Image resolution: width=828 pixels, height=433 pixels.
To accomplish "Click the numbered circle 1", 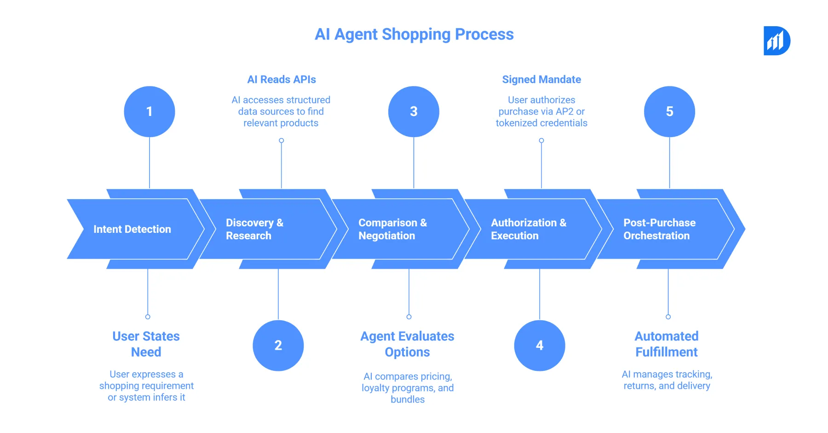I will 149,111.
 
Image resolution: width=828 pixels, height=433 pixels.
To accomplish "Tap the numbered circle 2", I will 278,346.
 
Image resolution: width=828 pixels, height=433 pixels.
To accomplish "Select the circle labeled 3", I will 414,111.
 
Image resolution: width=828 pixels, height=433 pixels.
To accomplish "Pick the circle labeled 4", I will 540,346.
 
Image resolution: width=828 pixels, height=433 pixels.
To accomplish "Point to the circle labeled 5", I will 669,111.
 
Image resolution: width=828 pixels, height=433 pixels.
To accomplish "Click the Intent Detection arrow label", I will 132,229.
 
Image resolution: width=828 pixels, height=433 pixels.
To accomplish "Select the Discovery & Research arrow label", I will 254,229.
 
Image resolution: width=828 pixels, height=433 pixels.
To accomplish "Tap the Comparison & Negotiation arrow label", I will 392,229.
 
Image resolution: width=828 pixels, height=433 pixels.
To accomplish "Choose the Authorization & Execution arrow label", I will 528,229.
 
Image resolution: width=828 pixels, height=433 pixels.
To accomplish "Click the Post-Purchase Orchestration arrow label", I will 659,229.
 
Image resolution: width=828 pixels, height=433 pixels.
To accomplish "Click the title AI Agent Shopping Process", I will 414,35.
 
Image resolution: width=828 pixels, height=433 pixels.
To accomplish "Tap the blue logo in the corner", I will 776,41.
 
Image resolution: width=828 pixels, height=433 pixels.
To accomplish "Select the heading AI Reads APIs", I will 282,80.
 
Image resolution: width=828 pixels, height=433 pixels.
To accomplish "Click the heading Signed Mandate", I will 541,80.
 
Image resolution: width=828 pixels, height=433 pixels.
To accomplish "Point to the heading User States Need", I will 146,344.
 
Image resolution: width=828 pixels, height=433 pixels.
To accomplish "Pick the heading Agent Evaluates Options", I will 407,344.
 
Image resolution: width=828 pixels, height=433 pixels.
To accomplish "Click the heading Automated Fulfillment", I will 667,344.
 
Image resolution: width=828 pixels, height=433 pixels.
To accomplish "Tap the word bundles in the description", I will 408,399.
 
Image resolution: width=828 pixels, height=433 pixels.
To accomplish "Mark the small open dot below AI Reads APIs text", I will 282,140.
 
